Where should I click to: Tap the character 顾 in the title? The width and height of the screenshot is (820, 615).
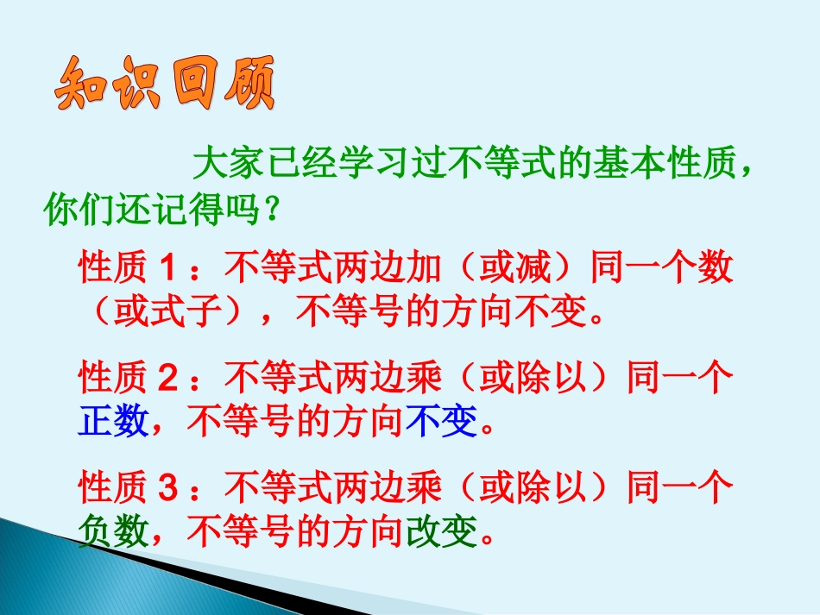point(246,85)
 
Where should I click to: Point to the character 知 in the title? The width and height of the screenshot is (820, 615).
point(77,85)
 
